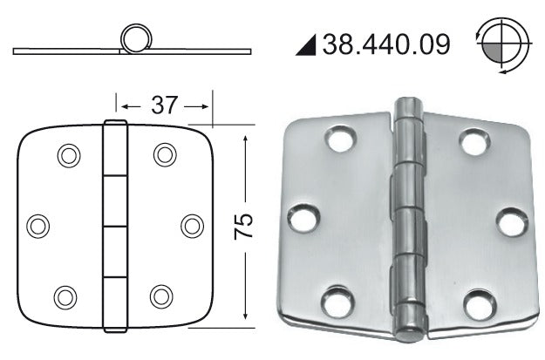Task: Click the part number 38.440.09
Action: click(386, 44)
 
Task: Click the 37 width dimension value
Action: click(164, 105)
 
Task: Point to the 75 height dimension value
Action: click(243, 227)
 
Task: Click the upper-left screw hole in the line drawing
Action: click(69, 155)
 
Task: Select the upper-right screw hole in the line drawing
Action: click(165, 154)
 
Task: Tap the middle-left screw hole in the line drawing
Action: click(37, 227)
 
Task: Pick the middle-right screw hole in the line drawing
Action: click(192, 227)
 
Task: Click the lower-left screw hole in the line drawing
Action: click(65, 297)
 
